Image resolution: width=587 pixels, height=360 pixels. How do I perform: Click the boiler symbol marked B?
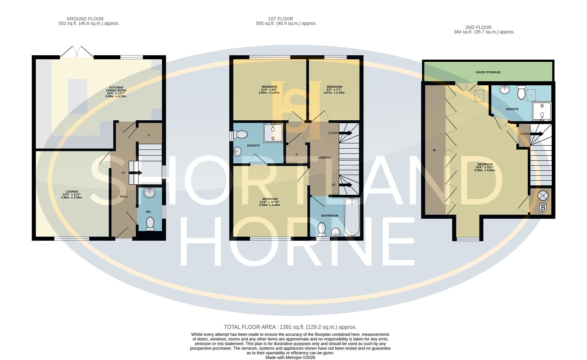coord(543,208)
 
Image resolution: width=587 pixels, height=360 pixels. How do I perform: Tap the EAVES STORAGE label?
coord(488,72)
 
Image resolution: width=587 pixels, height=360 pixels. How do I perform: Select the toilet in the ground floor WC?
coord(150,224)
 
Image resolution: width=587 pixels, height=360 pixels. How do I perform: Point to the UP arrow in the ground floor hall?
coord(135,173)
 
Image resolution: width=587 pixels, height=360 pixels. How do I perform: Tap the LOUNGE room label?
coord(72,192)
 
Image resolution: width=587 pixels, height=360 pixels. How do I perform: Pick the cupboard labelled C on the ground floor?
coord(149,135)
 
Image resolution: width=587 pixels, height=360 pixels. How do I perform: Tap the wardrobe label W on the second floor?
coord(434,150)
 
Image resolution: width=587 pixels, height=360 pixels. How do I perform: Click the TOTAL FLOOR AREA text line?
coord(290,327)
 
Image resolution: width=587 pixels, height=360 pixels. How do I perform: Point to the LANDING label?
coord(325,157)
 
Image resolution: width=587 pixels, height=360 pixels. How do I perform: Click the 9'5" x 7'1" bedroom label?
coord(334,90)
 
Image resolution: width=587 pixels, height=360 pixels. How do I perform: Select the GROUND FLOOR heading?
coord(85,19)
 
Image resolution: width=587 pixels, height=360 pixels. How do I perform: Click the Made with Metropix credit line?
coord(290,357)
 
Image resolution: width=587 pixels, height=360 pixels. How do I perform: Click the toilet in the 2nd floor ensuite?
coord(521,92)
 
